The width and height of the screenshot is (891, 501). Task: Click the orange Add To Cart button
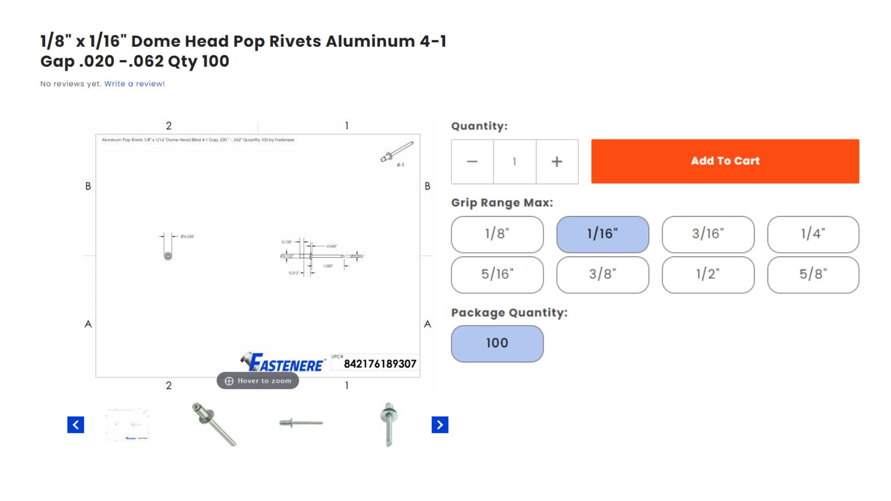click(725, 161)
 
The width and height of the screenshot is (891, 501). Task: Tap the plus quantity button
click(557, 161)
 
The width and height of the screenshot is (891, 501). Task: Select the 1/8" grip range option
click(497, 234)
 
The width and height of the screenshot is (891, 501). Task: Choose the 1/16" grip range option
click(602, 234)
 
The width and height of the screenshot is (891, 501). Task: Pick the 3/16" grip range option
click(708, 234)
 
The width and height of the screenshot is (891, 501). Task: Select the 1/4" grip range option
click(813, 234)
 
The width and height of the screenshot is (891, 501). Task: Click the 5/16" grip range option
click(497, 274)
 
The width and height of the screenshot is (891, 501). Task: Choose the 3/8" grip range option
click(602, 274)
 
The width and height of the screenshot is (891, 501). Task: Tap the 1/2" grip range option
click(708, 274)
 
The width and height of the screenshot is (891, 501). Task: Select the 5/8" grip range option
click(813, 274)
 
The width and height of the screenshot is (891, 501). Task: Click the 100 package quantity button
click(497, 343)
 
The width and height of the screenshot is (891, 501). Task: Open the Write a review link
click(135, 84)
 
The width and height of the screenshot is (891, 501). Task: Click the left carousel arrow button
click(76, 424)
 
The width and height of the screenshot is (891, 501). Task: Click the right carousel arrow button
click(440, 424)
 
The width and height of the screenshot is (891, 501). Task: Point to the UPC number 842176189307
click(380, 364)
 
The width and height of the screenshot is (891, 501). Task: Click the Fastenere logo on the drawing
click(283, 363)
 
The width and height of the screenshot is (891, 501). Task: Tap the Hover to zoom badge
click(258, 381)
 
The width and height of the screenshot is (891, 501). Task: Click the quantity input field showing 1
click(514, 161)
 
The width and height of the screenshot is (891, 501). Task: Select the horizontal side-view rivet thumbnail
click(301, 423)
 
